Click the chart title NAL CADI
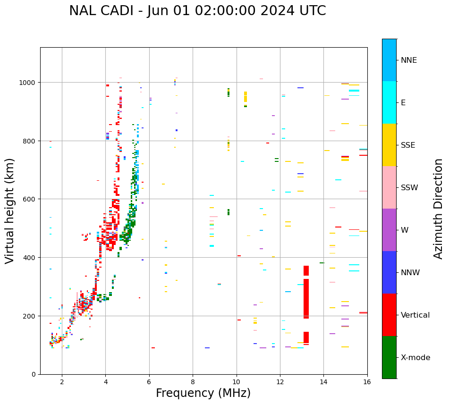click(x=197, y=11)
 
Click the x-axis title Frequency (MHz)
click(x=203, y=393)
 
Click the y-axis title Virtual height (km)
click(x=10, y=210)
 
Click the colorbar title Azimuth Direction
click(x=438, y=209)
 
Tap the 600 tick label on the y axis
click(x=31, y=199)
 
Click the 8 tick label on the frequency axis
click(x=193, y=382)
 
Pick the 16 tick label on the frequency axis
click(x=367, y=382)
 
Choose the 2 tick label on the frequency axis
click(x=62, y=382)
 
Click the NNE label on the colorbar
click(x=409, y=60)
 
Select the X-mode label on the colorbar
click(x=415, y=358)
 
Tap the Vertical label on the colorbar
click(x=415, y=315)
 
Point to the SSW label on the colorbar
click(x=409, y=188)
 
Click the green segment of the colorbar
click(x=389, y=357)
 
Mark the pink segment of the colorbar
click(x=389, y=187)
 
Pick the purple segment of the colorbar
click(x=389, y=230)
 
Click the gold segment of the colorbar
click(x=389, y=145)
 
